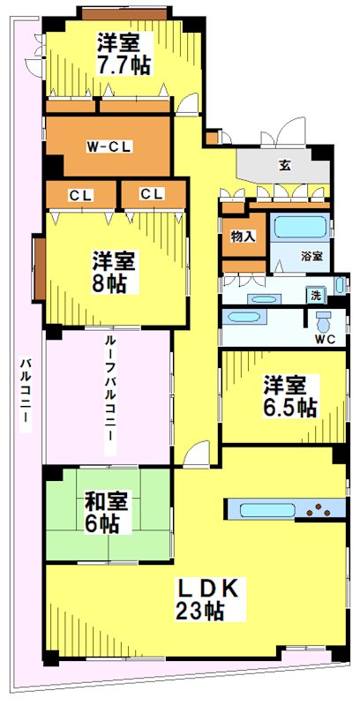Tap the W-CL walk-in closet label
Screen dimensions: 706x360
[109, 146]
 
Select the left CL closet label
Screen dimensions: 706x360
[79, 193]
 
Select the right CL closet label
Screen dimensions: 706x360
[152, 193]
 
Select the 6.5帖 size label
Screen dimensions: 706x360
[289, 408]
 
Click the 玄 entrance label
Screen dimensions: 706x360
[285, 164]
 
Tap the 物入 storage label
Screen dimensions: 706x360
[243, 236]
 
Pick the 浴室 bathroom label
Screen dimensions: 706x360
[311, 256]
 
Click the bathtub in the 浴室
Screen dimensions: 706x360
[299, 227]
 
